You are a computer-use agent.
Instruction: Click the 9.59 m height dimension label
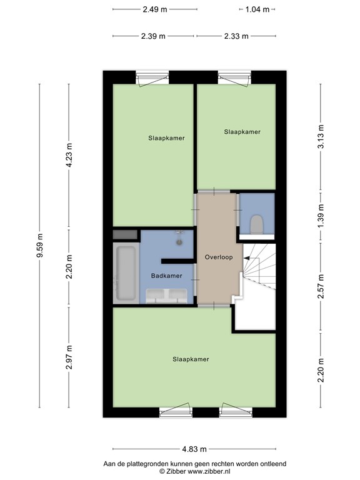click(40, 246)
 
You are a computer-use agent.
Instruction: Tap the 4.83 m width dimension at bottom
click(194, 449)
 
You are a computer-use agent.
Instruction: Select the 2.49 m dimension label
click(155, 9)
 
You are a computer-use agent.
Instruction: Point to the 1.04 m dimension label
click(257, 9)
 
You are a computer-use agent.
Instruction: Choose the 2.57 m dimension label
click(321, 286)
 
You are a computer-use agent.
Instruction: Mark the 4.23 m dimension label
click(69, 155)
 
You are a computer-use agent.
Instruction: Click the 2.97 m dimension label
click(69, 357)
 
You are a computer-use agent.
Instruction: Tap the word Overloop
click(219, 257)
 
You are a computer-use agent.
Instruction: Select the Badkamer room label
click(166, 276)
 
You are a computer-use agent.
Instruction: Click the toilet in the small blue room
click(256, 224)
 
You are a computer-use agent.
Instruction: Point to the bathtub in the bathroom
click(126, 273)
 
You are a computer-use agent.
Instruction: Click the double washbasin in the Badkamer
click(166, 296)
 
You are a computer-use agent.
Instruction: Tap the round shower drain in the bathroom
click(179, 242)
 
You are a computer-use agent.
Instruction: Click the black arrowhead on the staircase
click(246, 258)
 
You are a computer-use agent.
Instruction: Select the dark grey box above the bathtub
click(125, 235)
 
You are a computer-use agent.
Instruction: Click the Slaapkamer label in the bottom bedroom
click(191, 359)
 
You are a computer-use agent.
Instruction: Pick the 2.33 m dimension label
click(236, 36)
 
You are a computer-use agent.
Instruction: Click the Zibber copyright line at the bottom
click(195, 471)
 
